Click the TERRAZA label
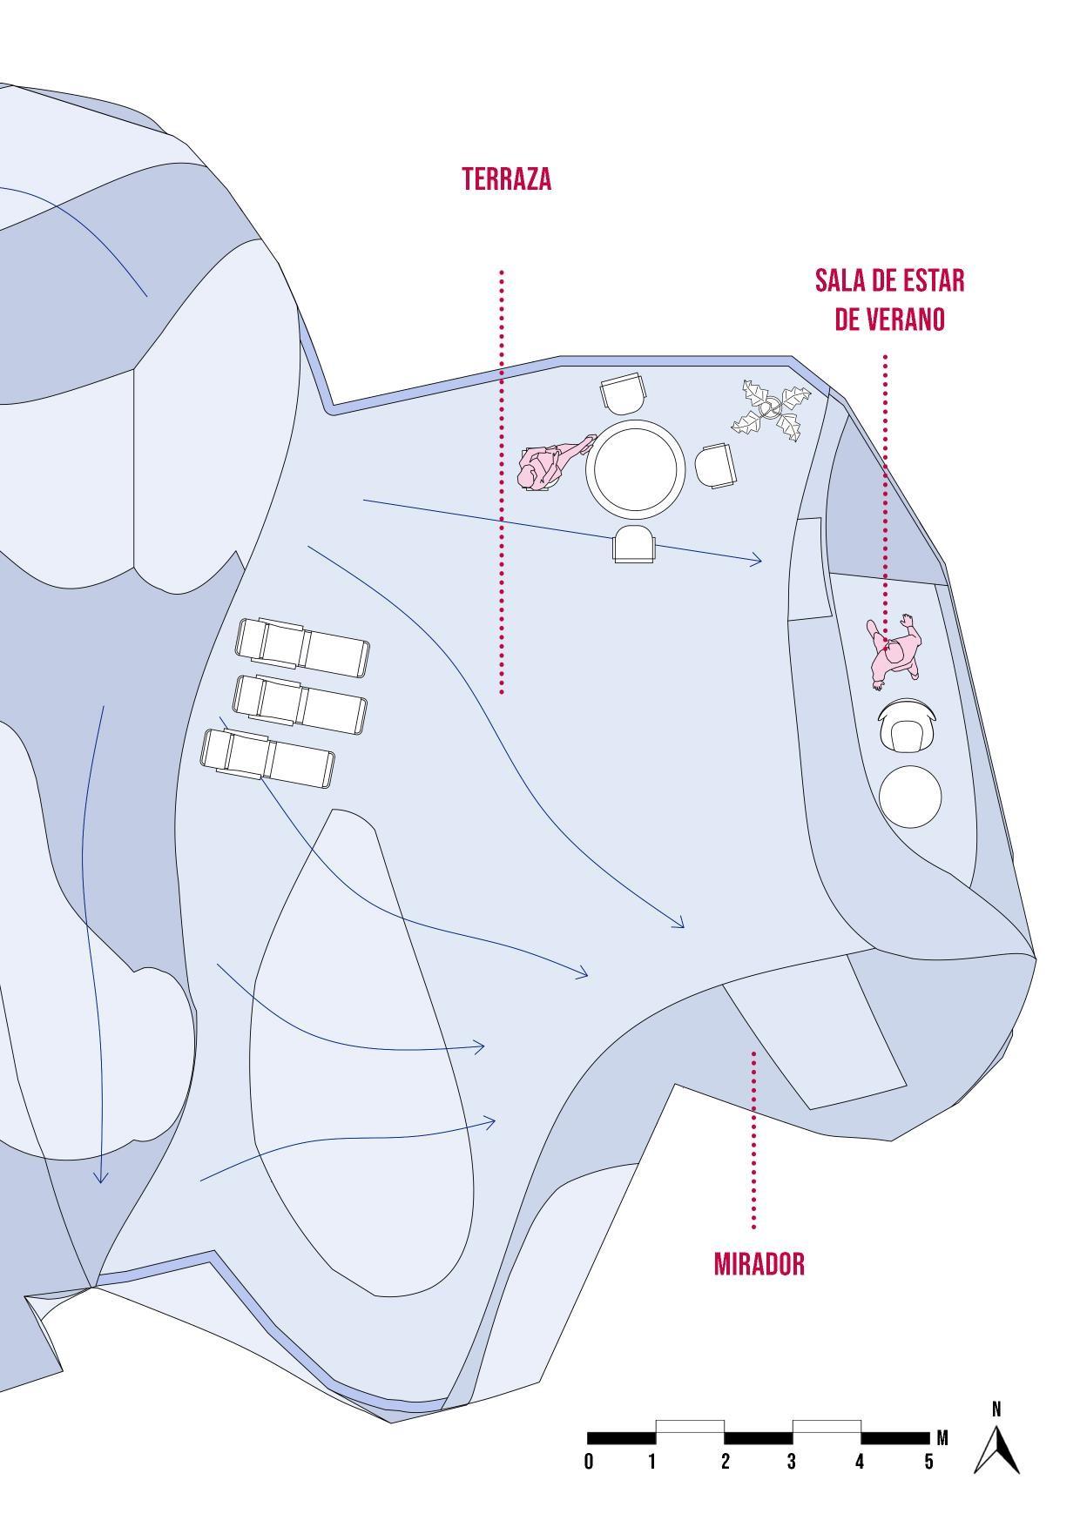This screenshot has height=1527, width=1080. (x=506, y=178)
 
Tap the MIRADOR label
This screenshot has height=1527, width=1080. (x=759, y=1263)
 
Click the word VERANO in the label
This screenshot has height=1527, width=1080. (x=889, y=320)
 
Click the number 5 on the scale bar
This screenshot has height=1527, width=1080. (x=929, y=1462)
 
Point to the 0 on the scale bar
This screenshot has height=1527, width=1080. (x=589, y=1462)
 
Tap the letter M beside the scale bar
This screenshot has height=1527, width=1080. (x=942, y=1437)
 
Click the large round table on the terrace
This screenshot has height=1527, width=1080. (x=635, y=468)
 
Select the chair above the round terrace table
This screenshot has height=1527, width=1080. (x=624, y=393)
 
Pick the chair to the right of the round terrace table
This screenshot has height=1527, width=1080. (x=715, y=465)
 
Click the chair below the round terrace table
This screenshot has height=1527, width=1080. (x=633, y=545)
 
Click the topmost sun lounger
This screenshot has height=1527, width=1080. (x=302, y=646)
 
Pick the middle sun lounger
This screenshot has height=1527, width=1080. (x=300, y=703)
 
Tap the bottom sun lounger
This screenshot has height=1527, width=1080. (x=267, y=757)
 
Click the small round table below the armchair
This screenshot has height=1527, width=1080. (x=910, y=796)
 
